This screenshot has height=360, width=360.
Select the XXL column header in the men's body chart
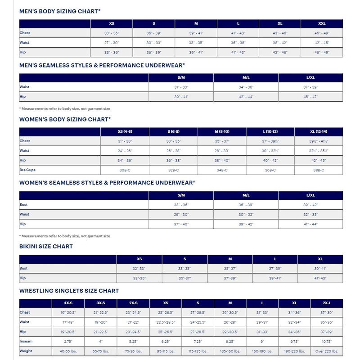coord(322,23)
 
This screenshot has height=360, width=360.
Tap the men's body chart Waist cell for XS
coord(112,43)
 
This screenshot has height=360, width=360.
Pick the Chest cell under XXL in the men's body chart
coord(322,33)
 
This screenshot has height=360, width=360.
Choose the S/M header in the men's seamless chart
coord(181,77)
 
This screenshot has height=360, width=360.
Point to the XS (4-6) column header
coord(125,131)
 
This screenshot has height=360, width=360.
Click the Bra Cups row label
coord(27,170)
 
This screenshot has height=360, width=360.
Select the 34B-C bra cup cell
coord(222,170)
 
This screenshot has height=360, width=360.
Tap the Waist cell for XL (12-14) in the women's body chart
coord(319,151)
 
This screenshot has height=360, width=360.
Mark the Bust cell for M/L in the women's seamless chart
coord(246,205)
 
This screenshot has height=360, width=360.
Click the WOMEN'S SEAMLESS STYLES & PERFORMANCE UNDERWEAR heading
coord(107,182)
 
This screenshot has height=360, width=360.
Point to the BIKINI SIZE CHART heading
coord(46,247)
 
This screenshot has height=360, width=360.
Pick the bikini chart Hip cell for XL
coord(320,278)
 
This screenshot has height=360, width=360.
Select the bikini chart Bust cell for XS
coord(139,268)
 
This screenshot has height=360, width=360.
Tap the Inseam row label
coord(27,341)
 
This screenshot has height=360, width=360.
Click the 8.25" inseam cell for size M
coord(230,342)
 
